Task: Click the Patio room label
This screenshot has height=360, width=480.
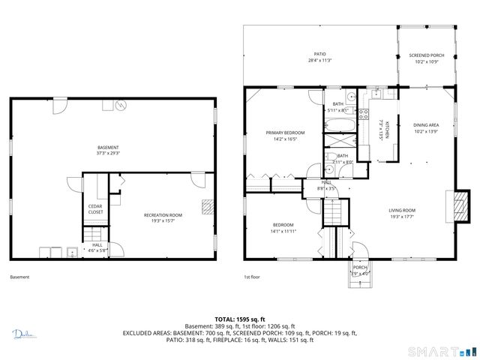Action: point(319,55)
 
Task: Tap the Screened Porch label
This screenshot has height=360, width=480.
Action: point(426,55)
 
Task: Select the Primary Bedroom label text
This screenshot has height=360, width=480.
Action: point(285,133)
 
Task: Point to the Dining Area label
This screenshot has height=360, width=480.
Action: point(426,125)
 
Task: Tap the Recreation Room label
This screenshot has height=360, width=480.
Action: point(163,215)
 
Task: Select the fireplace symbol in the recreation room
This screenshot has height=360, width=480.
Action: point(207,207)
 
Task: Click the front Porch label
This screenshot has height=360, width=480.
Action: point(360,267)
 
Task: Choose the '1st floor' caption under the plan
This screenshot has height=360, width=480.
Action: point(252,277)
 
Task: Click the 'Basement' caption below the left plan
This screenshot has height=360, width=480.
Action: point(19,277)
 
